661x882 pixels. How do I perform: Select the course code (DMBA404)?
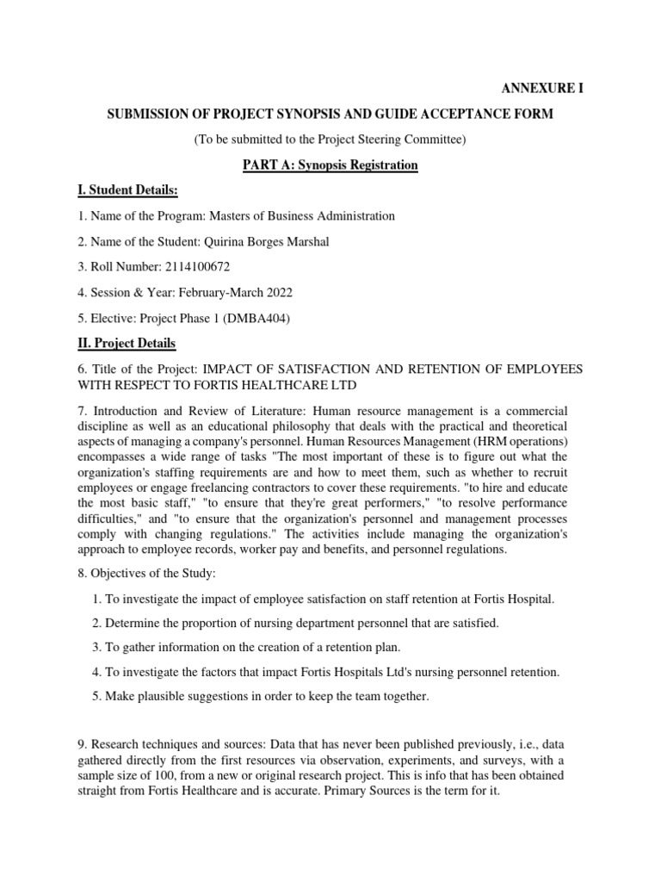(258, 319)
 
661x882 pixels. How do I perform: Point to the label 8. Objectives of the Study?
(144, 572)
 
